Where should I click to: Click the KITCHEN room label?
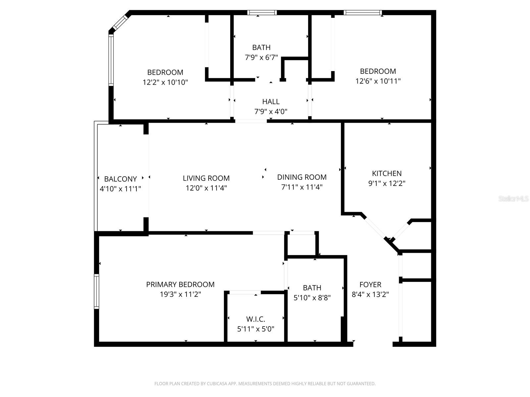[x=387, y=173]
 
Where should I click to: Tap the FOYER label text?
[x=370, y=285]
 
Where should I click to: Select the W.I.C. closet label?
[x=255, y=319]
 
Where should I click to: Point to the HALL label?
[x=271, y=102]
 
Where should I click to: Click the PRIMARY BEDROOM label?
[x=180, y=285]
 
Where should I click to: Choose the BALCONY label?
[x=120, y=179]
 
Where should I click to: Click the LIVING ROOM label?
[x=206, y=178]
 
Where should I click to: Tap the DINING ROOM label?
[x=302, y=177]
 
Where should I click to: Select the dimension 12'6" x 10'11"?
[x=378, y=81]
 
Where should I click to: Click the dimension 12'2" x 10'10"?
[x=165, y=82]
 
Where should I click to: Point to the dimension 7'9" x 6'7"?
[x=261, y=58]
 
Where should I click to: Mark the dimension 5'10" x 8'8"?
[x=312, y=298]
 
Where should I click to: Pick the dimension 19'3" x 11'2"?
[x=180, y=294]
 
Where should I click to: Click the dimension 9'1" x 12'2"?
[x=387, y=183]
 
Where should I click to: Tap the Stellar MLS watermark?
[x=513, y=199]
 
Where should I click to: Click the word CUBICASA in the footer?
[x=217, y=384]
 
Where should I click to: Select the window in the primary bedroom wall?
[x=96, y=291]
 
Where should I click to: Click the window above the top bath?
[x=262, y=13]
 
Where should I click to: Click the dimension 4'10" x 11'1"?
[x=120, y=189]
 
